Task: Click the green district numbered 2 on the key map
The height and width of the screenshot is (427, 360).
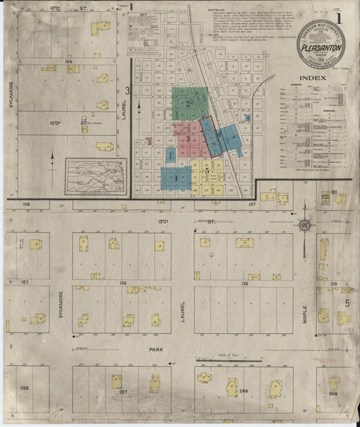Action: coord(189,102)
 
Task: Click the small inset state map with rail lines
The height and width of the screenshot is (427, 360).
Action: coord(95,175)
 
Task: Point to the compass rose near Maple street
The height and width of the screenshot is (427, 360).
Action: coord(305,224)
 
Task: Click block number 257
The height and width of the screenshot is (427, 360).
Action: coord(123,391)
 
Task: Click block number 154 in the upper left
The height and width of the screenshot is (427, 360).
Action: coord(68,61)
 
